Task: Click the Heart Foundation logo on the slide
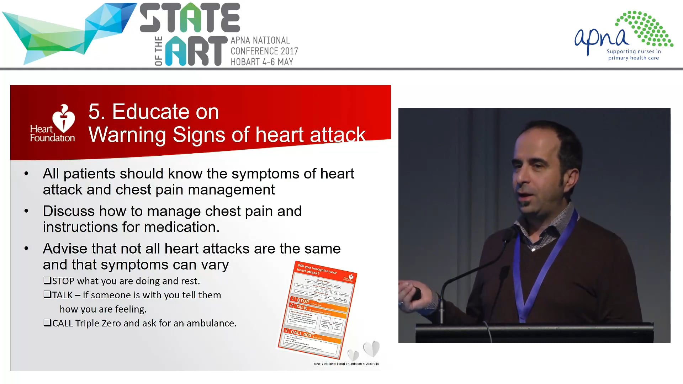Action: click(53, 123)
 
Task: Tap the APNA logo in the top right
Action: click(624, 36)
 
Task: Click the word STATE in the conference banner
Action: click(190, 18)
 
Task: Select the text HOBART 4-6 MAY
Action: click(262, 62)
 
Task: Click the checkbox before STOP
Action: click(47, 281)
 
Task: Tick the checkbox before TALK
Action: click(47, 295)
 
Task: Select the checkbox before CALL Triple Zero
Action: click(47, 323)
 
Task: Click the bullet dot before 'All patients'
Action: click(26, 174)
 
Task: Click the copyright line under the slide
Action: click(346, 364)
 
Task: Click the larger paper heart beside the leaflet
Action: click(372, 348)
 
